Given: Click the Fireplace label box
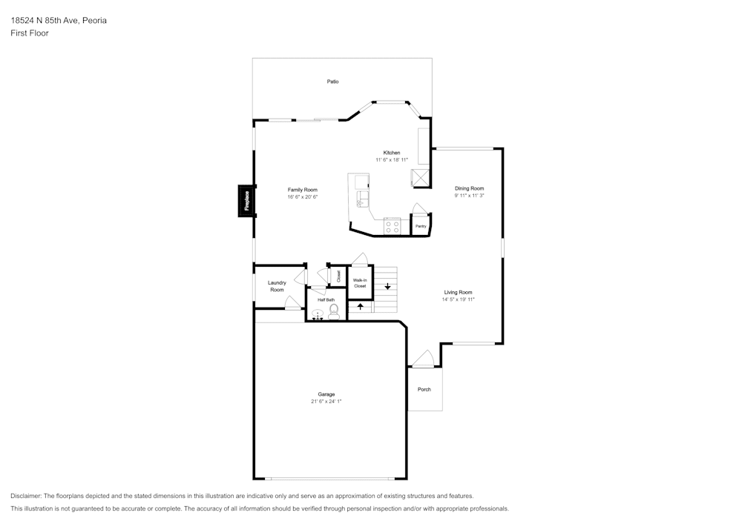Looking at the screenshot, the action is point(246,201).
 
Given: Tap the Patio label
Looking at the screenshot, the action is point(332,82).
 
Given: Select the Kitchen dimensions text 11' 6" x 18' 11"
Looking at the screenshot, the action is point(392,160).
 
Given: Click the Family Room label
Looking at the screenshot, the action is point(303,190).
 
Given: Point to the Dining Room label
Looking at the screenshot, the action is point(470,188).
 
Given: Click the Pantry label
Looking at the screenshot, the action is point(421,226).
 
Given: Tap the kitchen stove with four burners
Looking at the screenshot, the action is point(393,226).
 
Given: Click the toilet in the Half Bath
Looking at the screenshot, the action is point(334,312).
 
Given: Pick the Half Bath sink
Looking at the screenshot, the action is point(318,314).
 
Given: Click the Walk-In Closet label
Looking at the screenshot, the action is point(360,283).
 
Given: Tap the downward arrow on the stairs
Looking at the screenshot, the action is point(387,286).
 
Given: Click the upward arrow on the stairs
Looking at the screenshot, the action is point(360,306).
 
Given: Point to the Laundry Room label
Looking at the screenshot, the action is point(277,286).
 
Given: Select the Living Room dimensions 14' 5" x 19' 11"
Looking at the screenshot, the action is point(458,299).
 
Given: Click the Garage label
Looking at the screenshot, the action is point(326,394).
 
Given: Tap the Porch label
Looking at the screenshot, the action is point(424,390).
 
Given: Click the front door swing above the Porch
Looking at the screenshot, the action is point(424,359).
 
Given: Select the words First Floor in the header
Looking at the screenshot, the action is point(30,33).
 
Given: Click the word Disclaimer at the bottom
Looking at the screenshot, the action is point(25,496).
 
